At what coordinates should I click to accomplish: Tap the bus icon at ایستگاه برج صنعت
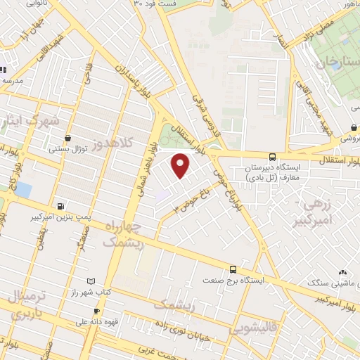pos(233,269)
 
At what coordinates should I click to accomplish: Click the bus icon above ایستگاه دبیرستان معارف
pos(272,157)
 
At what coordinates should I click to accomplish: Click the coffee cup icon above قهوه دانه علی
pos(97,311)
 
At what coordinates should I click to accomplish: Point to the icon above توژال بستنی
pos(67,139)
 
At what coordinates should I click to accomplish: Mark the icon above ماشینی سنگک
pos(342,272)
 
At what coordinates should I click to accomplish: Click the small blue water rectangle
pos(23,190)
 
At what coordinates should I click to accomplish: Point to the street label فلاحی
pos(88,70)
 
